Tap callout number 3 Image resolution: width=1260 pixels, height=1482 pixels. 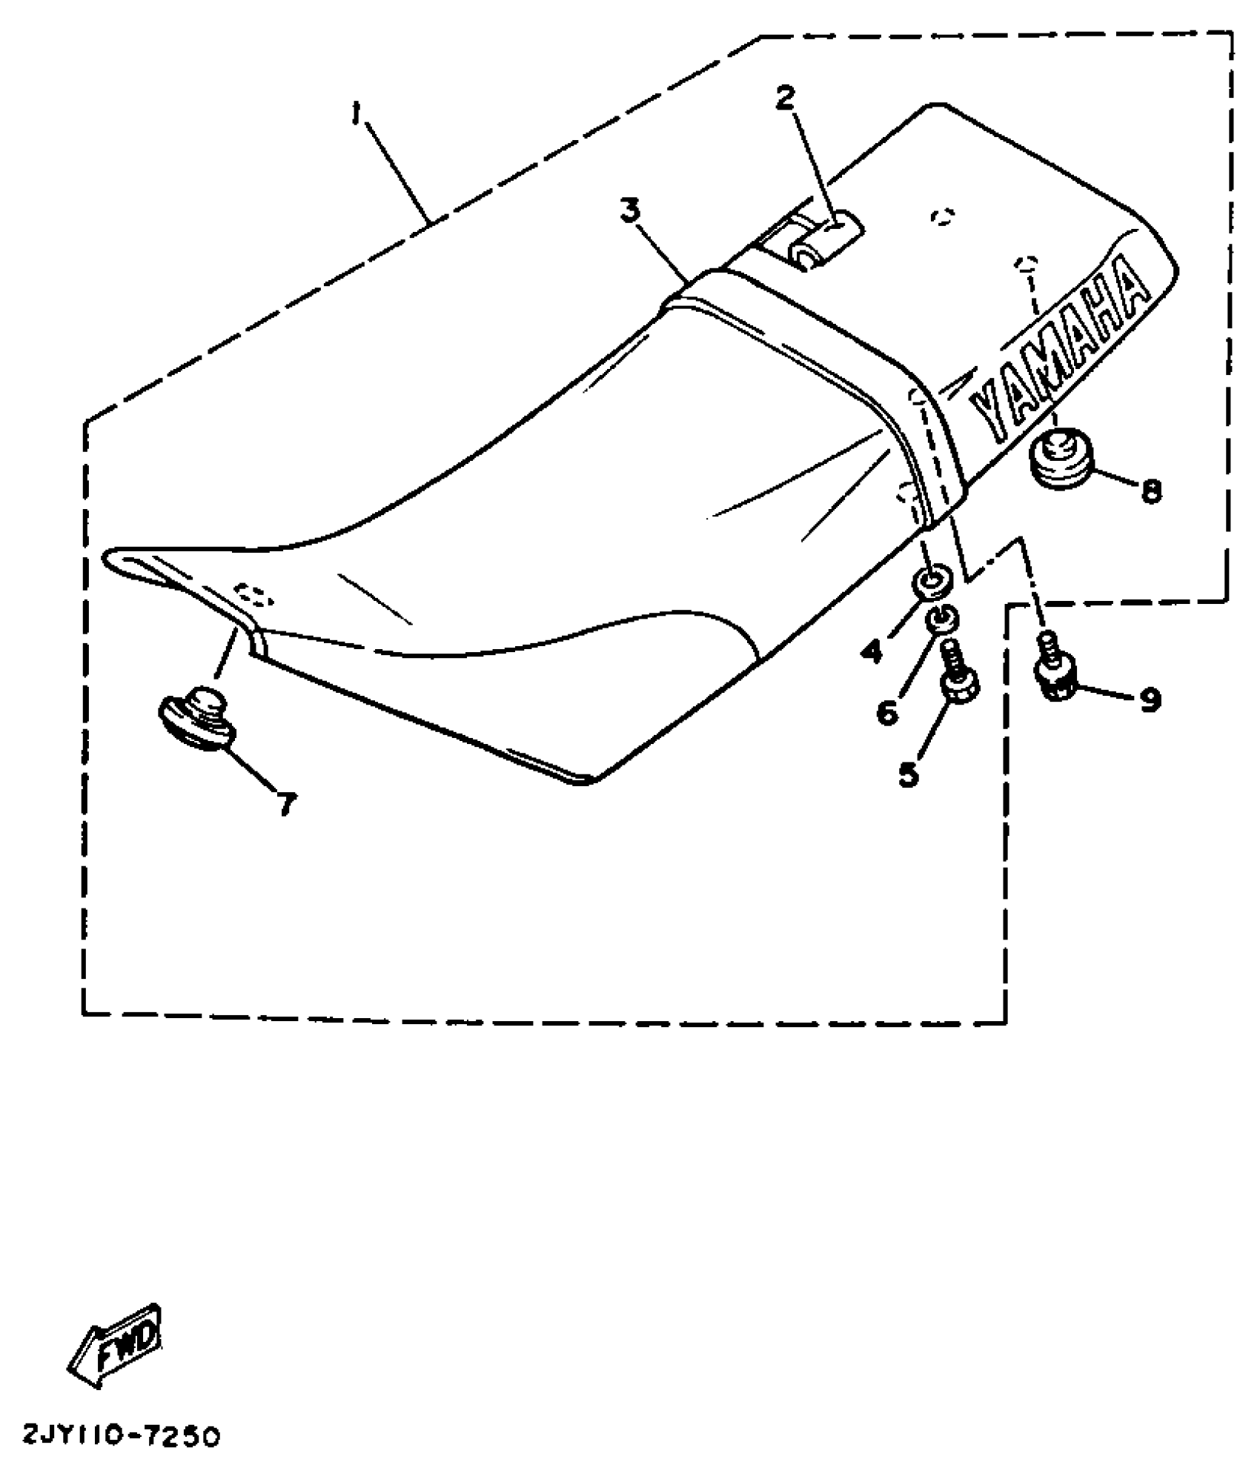tap(630, 211)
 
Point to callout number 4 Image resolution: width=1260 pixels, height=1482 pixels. tap(872, 652)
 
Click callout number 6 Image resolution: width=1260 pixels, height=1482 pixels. tap(887, 713)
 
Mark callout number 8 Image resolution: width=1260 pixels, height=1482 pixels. tap(1151, 491)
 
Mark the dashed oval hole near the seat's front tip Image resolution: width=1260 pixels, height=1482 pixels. tap(253, 594)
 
